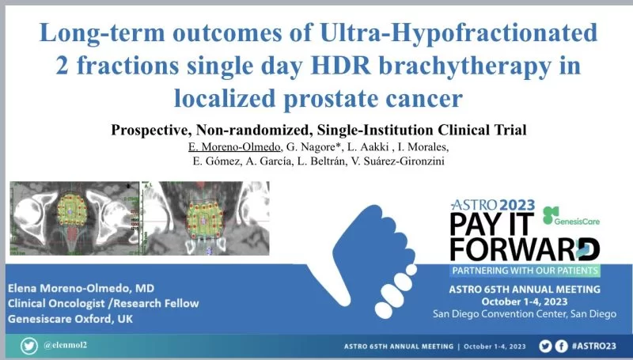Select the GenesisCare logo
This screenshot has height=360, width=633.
574,216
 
